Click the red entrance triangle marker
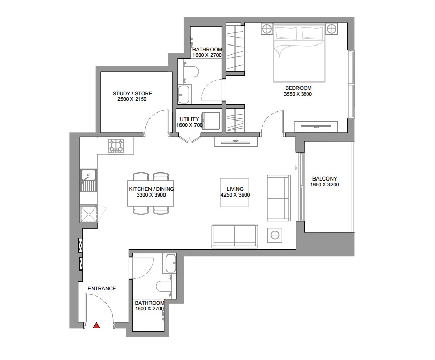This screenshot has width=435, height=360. (x=96, y=326)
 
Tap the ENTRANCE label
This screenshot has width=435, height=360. (x=102, y=289)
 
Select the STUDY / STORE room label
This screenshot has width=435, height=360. (x=132, y=94)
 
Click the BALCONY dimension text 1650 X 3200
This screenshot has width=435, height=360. (x=325, y=185)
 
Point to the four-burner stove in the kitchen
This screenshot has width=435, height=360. (x=116, y=146)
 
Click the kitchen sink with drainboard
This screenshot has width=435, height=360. (x=88, y=181)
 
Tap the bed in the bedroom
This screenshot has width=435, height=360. (x=299, y=53)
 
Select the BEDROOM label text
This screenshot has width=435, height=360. (x=298, y=88)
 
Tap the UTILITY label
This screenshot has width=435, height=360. (x=189, y=119)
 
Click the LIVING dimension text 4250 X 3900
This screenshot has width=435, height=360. (x=235, y=195)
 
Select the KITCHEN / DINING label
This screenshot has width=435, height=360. (x=152, y=189)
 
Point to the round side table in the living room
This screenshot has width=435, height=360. (x=275, y=235)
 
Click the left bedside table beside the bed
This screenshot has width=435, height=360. (x=266, y=29)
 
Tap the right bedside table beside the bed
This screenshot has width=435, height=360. (x=331, y=29)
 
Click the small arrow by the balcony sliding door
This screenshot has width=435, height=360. (x=296, y=168)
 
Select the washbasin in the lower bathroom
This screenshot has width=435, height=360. (x=171, y=263)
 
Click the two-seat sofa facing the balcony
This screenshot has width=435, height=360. (x=278, y=198)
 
